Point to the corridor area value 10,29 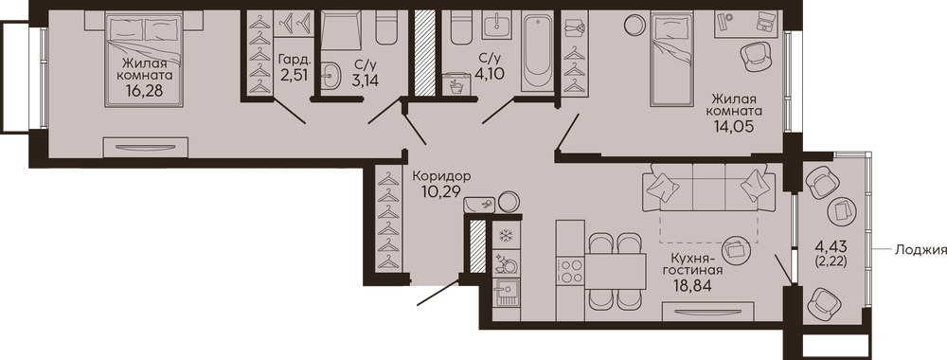[441, 191]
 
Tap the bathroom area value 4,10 [490, 74]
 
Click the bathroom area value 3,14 [366, 80]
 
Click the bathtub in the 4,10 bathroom [538, 53]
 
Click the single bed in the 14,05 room [671, 61]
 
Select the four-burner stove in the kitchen [571, 270]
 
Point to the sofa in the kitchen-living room [708, 187]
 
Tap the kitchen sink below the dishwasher [506, 294]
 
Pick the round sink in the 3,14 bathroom [331, 76]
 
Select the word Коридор [441, 176]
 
